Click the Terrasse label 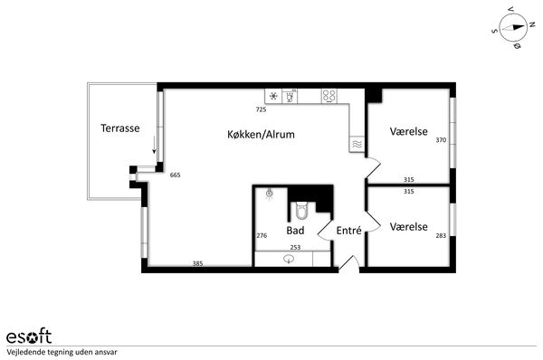(x=120, y=128)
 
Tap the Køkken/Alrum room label (x=261, y=134)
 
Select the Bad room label (x=295, y=231)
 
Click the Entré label (x=348, y=230)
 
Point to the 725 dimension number (x=262, y=109)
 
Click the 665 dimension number (x=176, y=175)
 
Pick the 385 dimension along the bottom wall (x=197, y=264)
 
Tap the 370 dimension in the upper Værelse (x=441, y=140)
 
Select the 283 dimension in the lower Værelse (x=441, y=236)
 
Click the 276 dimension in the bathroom (x=262, y=236)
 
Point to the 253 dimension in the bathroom (x=295, y=248)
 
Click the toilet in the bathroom (x=301, y=211)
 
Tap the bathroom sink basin (x=289, y=259)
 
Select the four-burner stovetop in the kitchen (x=329, y=96)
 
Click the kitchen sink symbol (x=290, y=97)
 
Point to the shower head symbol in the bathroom (x=270, y=194)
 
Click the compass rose (x=513, y=28)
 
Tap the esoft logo (x=29, y=336)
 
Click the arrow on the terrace (x=154, y=145)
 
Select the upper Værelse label (x=408, y=131)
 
